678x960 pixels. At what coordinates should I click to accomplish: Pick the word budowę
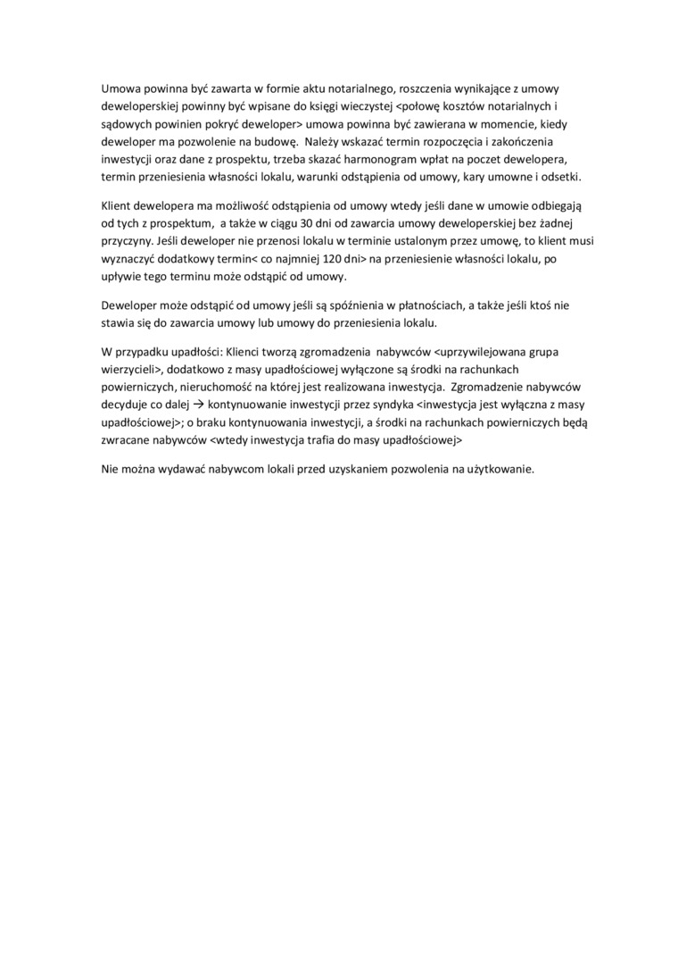267,142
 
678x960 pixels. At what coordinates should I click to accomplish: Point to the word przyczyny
126,241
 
